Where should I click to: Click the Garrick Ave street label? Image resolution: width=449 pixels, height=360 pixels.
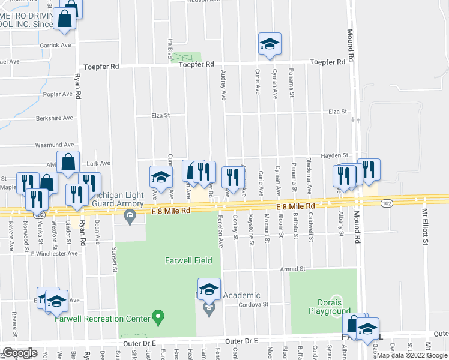click(x=55, y=45)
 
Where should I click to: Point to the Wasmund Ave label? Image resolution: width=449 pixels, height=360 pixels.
click(x=54, y=145)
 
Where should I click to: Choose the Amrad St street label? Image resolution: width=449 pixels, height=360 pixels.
click(x=293, y=269)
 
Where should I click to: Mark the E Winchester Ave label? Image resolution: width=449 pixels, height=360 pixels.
click(x=55, y=254)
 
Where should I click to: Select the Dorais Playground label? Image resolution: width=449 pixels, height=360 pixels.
click(x=330, y=307)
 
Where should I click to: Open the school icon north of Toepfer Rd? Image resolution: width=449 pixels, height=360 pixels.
click(x=270, y=44)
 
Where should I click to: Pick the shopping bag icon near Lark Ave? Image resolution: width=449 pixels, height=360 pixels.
click(x=70, y=163)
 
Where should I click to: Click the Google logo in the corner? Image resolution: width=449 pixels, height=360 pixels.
click(x=19, y=353)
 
